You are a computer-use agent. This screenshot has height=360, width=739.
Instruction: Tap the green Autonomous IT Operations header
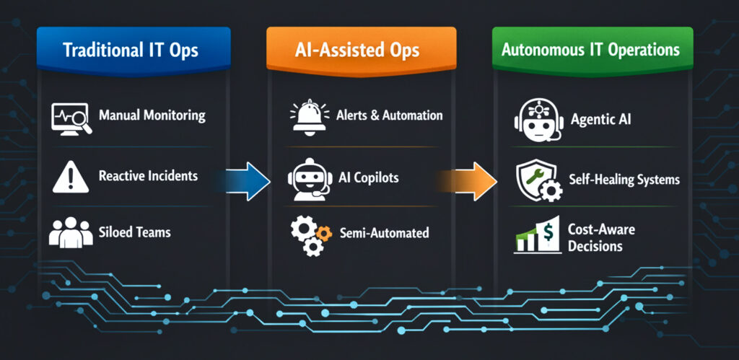point(592,51)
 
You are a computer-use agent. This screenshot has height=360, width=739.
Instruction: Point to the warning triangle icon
point(69,176)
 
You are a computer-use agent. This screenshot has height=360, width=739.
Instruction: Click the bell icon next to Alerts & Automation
point(306,116)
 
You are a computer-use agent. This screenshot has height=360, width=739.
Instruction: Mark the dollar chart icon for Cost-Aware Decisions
point(538,236)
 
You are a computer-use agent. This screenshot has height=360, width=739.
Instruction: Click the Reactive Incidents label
point(148,176)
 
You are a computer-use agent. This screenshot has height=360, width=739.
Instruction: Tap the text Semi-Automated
point(383,233)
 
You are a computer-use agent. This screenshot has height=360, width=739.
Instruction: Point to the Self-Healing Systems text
point(625,180)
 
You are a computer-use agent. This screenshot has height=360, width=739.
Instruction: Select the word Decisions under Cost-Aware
point(595,246)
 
